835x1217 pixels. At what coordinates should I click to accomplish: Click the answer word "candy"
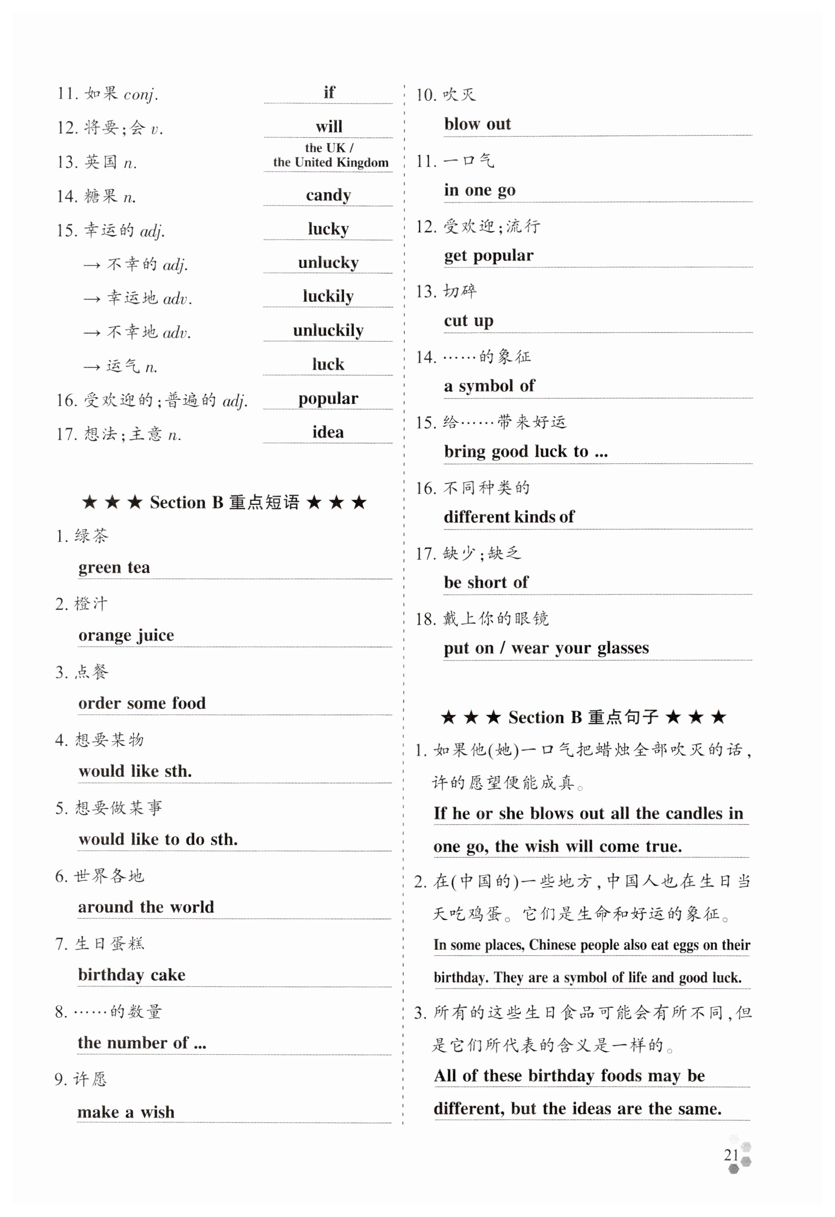tap(328, 195)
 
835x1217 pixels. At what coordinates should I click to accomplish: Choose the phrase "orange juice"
tap(126, 635)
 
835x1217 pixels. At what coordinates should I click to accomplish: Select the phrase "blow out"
tap(477, 124)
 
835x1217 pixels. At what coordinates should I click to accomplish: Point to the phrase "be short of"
tap(486, 582)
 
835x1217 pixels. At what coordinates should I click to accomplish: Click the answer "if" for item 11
tap(329, 93)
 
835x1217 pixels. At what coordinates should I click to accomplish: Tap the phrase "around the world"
tap(146, 907)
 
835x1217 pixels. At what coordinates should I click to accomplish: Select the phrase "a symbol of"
tap(489, 386)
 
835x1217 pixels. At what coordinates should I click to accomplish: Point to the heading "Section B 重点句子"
tap(583, 717)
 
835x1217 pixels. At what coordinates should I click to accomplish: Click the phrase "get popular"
tap(489, 256)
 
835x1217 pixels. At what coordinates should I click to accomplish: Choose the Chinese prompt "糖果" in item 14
tap(101, 197)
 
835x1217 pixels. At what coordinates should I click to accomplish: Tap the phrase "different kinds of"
tap(509, 517)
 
